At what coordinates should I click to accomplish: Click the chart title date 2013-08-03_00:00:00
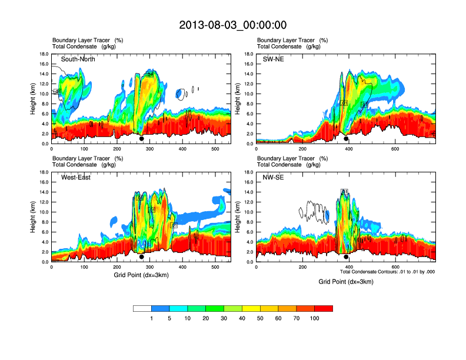(x=233, y=25)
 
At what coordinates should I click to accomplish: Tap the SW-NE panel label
(x=273, y=59)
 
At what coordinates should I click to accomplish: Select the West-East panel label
(x=76, y=178)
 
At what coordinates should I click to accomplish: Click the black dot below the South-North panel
(x=142, y=139)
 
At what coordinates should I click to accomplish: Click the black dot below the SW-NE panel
(x=346, y=139)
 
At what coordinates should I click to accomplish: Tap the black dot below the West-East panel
(x=142, y=257)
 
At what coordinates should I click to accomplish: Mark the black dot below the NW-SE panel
(x=346, y=257)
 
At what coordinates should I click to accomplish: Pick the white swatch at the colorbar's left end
(x=142, y=308)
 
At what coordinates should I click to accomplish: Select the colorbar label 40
(x=242, y=318)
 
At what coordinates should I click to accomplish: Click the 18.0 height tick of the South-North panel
(x=44, y=54)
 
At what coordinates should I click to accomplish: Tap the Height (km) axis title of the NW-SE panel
(x=238, y=216)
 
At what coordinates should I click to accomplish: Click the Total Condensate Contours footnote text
(x=387, y=272)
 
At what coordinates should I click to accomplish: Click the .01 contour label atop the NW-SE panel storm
(x=345, y=191)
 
